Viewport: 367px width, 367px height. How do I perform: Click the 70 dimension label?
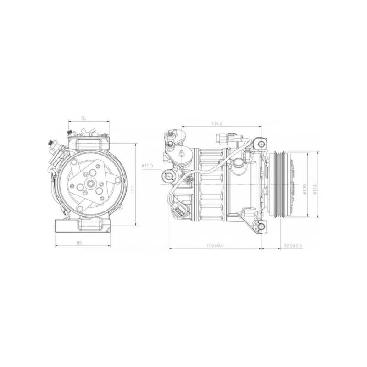83,118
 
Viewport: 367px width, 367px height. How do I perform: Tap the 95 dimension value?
79,243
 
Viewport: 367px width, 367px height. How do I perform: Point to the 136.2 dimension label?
217,123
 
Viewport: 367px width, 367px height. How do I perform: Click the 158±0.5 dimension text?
215,245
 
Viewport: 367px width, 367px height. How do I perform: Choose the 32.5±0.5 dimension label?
293,245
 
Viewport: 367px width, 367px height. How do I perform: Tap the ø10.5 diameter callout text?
147,166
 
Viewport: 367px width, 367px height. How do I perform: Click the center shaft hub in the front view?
90,184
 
